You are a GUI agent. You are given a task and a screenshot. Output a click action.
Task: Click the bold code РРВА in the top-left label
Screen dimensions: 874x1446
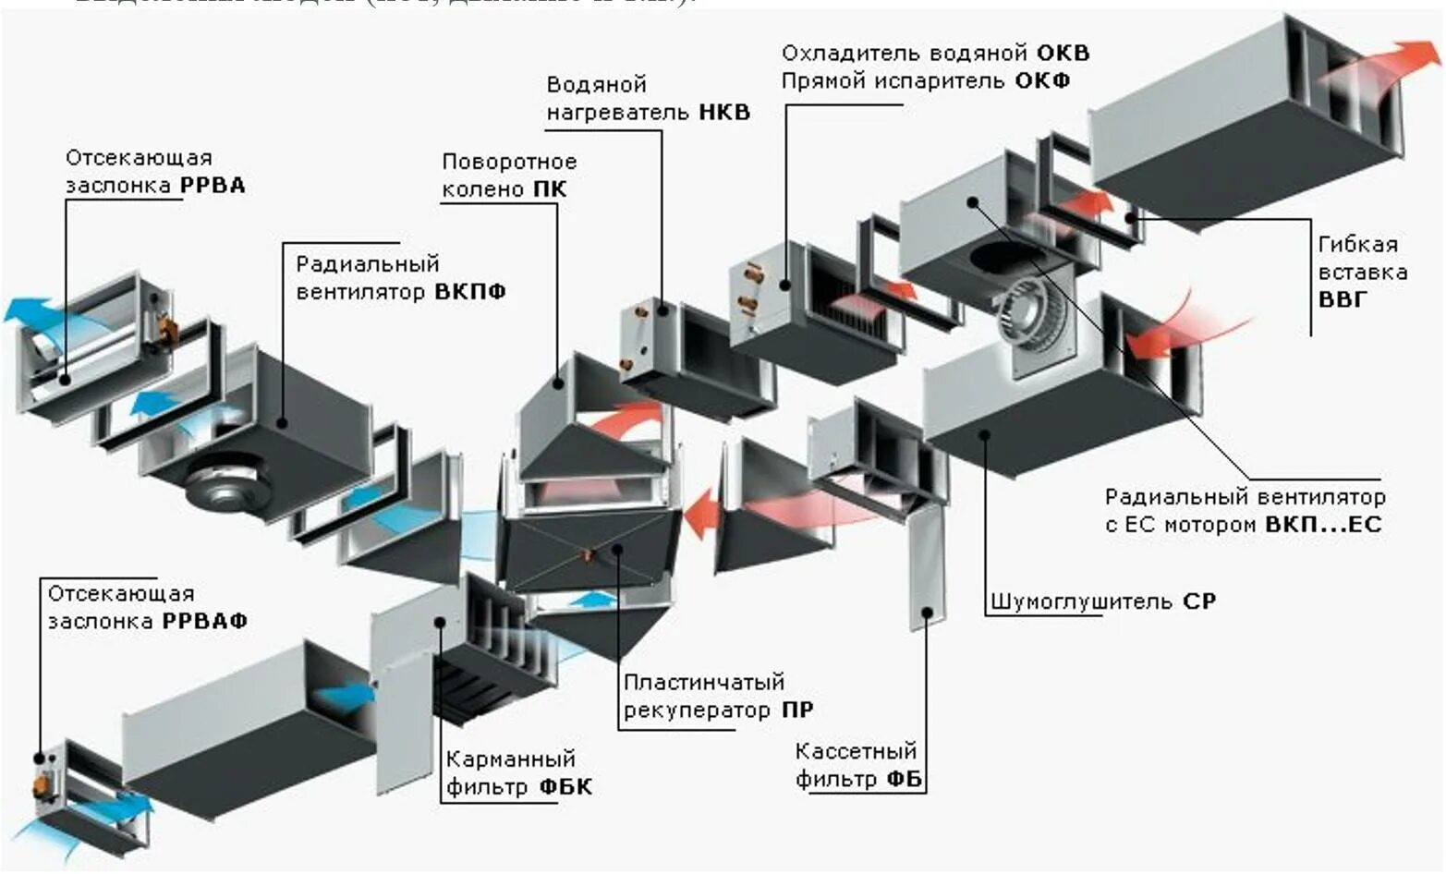pos(213,186)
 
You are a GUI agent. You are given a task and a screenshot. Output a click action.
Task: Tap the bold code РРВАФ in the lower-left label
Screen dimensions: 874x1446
pos(205,621)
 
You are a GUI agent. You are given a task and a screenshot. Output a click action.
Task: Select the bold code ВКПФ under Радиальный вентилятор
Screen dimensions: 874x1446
pos(470,292)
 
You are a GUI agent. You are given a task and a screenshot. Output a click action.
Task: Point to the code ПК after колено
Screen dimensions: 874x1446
pos(549,189)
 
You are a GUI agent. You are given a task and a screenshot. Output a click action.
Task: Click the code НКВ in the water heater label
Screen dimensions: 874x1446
pos(724,113)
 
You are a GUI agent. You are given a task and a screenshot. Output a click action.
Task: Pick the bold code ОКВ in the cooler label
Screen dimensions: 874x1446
pos(1063,53)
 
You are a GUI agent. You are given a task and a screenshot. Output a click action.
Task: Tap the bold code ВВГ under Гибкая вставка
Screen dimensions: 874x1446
pos(1342,300)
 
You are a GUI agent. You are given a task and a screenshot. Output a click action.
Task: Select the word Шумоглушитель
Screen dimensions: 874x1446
pos(1083,601)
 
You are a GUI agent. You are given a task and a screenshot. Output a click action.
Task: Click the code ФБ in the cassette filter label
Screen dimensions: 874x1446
pos(905,779)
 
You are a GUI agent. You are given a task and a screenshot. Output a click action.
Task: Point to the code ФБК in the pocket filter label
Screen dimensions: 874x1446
pos(565,787)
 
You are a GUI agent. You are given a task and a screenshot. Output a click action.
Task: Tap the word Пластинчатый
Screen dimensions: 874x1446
pos(704,682)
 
